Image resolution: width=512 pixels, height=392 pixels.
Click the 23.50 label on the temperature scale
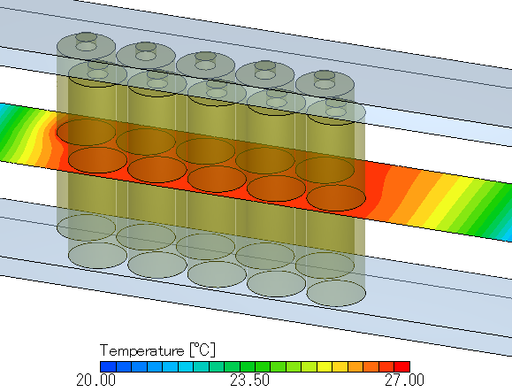click(250, 380)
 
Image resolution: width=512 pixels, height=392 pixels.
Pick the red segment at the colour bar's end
click(402, 365)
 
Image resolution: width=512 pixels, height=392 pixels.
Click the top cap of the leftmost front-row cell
click(97, 69)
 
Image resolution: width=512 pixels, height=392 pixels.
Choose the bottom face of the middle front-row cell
click(217, 273)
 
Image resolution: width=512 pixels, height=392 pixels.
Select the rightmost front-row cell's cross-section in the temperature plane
click(335, 197)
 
